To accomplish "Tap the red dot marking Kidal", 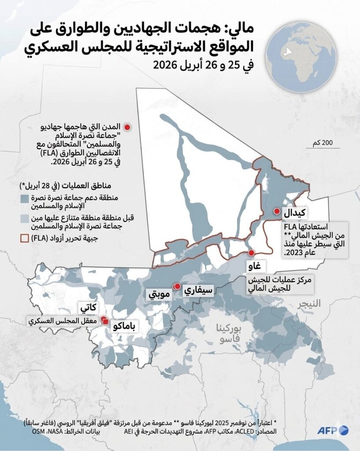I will (277, 211).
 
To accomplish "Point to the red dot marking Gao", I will (251, 253).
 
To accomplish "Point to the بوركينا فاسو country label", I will (229, 334).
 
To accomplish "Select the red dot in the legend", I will (127, 127).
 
